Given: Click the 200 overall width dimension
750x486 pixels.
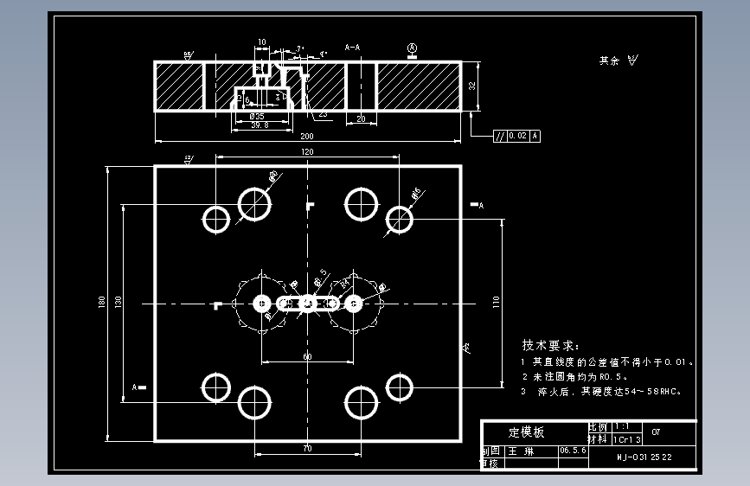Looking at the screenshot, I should tap(307, 137).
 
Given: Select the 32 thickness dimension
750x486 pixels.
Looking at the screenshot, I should tap(472, 86).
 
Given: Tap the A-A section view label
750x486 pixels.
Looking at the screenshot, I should tap(353, 47).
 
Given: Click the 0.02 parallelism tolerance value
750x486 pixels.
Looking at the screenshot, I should tap(517, 136).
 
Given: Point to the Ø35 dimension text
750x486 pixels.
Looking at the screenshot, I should tap(257, 116).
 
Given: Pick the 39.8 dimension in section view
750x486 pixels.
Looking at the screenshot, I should tap(259, 125).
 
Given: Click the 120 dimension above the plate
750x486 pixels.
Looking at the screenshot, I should tap(307, 151).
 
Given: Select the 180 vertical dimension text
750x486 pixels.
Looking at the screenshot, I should tap(102, 302).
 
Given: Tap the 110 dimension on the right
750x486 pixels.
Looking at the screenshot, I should tap(497, 302).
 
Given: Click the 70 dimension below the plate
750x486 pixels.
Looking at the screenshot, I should tap(307, 449).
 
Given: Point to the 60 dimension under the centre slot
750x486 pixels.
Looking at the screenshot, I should tap(307, 356).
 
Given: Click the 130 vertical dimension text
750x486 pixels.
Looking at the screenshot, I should tap(119, 302).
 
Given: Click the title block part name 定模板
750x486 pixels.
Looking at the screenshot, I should tap(526, 432).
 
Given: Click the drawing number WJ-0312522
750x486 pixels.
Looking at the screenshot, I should tap(644, 457).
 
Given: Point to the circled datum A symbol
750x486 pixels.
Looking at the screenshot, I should tap(413, 48).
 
